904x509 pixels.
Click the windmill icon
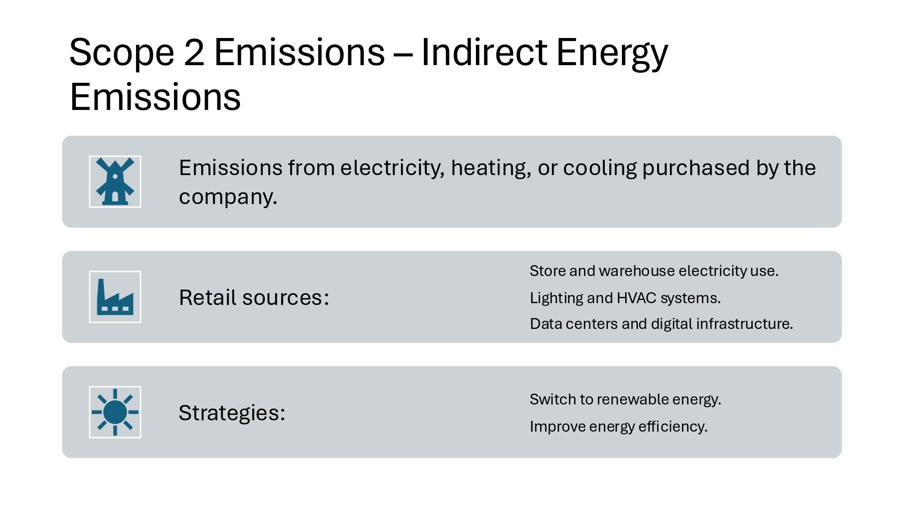115,181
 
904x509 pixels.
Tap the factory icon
115,297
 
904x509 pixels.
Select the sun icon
115,412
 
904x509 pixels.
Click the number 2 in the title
194,52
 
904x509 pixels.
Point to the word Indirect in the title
483,52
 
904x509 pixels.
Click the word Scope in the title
122,53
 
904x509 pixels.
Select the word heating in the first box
490,168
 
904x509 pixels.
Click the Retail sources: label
254,298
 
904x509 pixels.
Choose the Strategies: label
232,413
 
